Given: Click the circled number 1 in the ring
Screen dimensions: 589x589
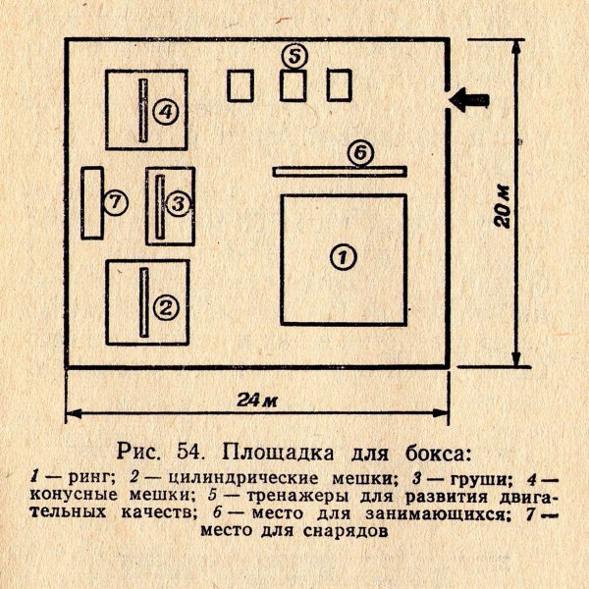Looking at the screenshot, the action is (x=343, y=257).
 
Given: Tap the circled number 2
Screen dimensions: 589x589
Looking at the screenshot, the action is (x=166, y=307).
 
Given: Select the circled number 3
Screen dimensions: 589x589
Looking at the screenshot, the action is (x=178, y=204).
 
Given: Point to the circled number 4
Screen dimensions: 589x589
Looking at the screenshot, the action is (x=166, y=112).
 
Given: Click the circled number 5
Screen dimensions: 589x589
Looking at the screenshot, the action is (x=294, y=57).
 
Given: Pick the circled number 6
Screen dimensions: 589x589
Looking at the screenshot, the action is (x=360, y=153).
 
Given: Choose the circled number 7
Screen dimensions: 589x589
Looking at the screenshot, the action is (x=116, y=202).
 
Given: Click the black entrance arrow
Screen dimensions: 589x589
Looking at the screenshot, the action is (x=469, y=99).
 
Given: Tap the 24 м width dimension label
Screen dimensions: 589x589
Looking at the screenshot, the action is (x=257, y=401).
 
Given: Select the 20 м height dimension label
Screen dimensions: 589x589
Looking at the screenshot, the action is (x=503, y=206).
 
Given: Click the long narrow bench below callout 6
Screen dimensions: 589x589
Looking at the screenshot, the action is (x=340, y=171).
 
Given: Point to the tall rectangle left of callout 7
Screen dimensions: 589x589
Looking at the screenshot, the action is (x=92, y=203).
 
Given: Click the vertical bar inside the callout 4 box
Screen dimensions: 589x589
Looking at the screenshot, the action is (x=143, y=110).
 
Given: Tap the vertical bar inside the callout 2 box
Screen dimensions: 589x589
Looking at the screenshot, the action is (x=144, y=302).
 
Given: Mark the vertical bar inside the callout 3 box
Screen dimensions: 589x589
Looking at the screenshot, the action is (x=160, y=206).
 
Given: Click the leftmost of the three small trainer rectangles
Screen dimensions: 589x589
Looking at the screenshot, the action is (x=241, y=85).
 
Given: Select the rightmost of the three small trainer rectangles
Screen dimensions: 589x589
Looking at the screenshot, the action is (x=340, y=85).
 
